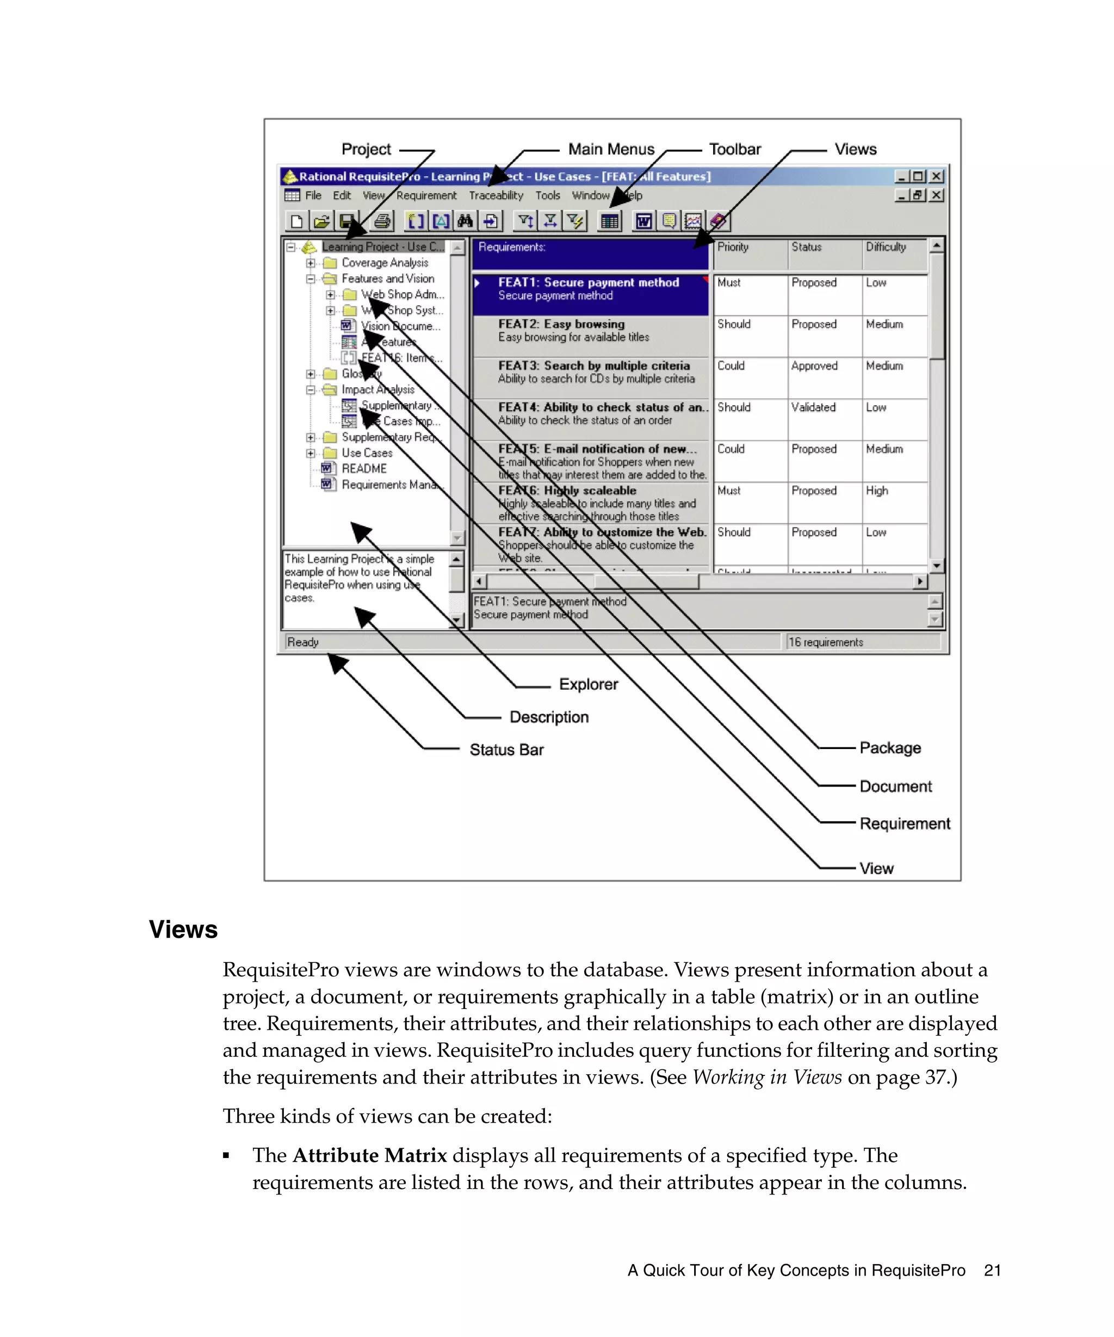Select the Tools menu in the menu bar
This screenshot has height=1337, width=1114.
(547, 195)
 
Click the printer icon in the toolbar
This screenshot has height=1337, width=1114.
(382, 221)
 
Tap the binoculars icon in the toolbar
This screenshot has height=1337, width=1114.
(465, 221)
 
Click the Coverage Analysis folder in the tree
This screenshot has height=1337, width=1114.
(384, 262)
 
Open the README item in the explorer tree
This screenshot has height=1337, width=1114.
(363, 468)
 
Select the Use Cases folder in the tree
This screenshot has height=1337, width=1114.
(367, 453)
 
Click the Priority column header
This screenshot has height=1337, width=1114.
(733, 247)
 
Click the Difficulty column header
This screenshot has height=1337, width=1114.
(885, 247)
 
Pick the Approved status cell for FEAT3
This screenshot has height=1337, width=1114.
(814, 366)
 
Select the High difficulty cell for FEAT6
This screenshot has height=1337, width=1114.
(876, 490)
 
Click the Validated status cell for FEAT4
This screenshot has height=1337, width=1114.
(813, 407)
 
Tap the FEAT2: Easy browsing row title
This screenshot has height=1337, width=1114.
(561, 324)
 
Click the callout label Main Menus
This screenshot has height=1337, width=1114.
(610, 149)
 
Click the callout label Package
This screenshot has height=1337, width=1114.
(889, 747)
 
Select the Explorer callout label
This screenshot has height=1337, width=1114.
(587, 684)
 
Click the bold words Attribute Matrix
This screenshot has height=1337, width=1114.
(369, 1155)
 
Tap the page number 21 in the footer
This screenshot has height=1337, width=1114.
(992, 1270)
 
